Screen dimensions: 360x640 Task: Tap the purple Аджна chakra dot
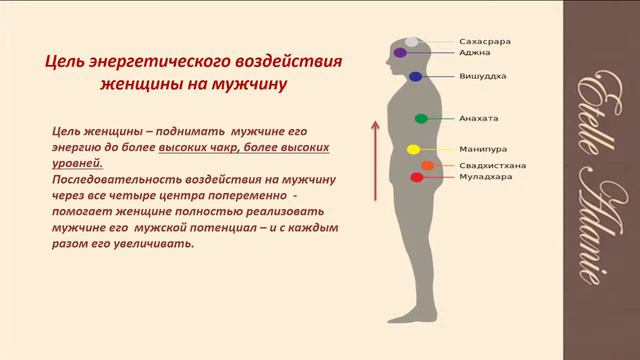click(x=401, y=52)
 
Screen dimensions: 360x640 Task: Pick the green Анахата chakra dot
click(x=421, y=119)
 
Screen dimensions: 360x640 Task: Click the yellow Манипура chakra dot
click(x=412, y=149)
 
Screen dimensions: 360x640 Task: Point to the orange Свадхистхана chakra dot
click(x=428, y=165)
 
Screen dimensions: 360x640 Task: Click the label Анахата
click(x=477, y=118)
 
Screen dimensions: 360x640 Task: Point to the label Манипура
click(x=480, y=149)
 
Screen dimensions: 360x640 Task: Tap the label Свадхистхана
click(x=493, y=165)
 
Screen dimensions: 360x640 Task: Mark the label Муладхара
click(x=486, y=176)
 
